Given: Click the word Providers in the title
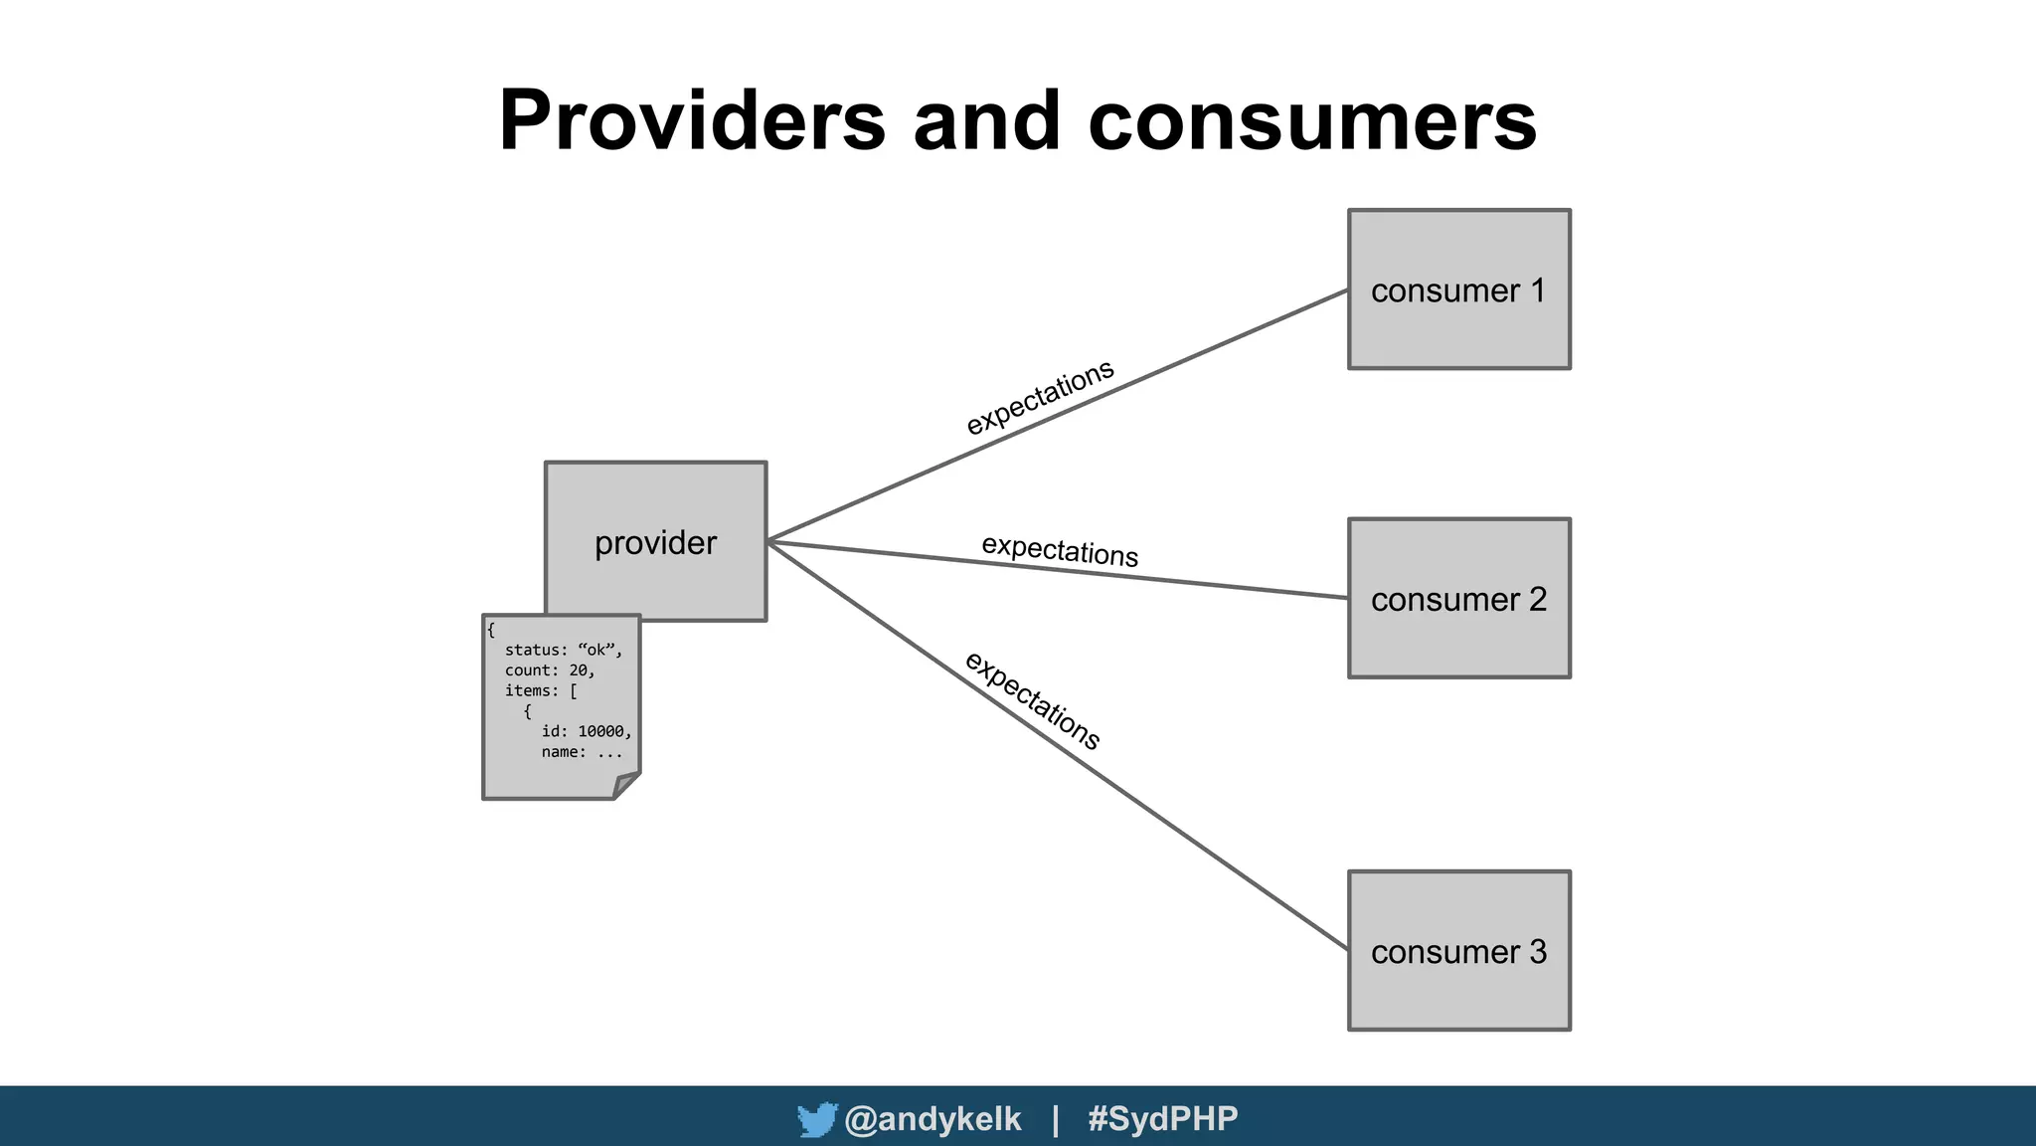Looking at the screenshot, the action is point(691,121).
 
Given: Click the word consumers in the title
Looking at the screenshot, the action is point(1312,121).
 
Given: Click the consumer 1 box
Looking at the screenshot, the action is point(1458,289).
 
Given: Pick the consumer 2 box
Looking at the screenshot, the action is point(1458,598).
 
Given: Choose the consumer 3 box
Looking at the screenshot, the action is point(1458,951).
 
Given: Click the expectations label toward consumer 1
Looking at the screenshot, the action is point(1040,397).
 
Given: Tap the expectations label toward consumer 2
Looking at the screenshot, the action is point(1060,550).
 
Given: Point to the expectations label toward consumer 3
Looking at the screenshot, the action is point(1033,699).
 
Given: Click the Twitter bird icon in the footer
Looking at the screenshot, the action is point(816,1120).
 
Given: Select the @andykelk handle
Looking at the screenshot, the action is point(933,1119).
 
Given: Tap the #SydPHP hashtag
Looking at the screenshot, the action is point(1162,1119).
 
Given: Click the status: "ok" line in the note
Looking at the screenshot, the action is point(563,651).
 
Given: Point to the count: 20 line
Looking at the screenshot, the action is point(550,670).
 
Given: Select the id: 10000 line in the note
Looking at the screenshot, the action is point(586,731).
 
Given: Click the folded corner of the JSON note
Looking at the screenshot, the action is point(626,785).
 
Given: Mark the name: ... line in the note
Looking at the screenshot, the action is point(582,752).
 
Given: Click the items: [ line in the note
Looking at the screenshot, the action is point(541,690).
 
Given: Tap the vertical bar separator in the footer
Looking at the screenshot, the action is point(1055,1119).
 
